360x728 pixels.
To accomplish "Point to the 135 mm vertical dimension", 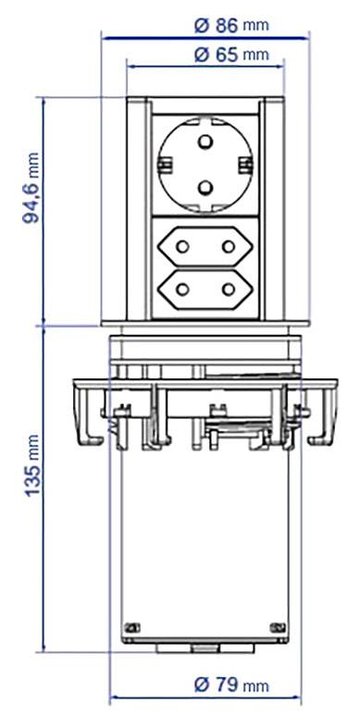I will (32, 482).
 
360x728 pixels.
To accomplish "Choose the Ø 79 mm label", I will (232, 685).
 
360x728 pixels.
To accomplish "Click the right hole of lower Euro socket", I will (227, 290).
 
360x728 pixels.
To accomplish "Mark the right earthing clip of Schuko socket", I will (245, 165).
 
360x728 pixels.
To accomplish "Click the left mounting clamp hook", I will (84, 416).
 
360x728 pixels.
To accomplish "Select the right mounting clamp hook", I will (323, 416).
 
